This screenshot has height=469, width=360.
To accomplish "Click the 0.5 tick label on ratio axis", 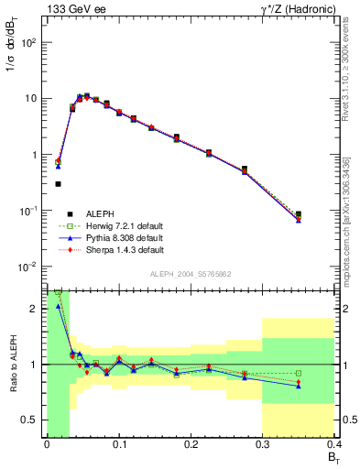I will [33, 420].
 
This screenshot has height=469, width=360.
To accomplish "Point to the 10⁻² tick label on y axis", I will [27, 267].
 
